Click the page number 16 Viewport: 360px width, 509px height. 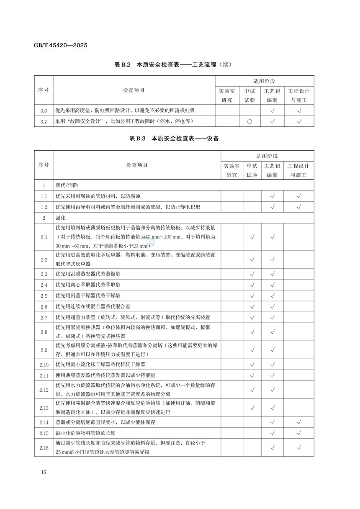(44, 473)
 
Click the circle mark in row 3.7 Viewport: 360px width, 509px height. (249, 122)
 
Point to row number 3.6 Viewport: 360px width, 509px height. (44, 111)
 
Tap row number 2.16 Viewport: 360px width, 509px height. (44, 448)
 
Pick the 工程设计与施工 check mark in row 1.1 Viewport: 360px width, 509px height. (299, 196)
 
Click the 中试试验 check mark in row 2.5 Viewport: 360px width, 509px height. (252, 296)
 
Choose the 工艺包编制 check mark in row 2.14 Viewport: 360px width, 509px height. (273, 422)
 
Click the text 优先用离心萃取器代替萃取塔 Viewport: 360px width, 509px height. (88, 285)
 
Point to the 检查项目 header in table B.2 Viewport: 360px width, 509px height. (134, 90)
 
